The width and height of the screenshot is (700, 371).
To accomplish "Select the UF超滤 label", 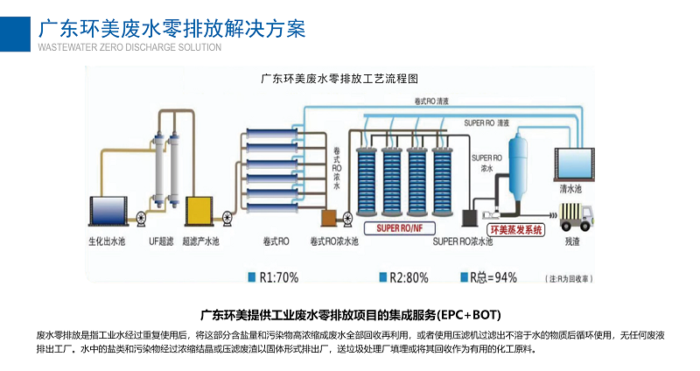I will coord(159,240).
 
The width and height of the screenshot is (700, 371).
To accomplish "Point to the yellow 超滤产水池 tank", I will coord(200,211).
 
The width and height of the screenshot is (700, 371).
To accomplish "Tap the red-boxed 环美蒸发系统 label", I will coord(517,229).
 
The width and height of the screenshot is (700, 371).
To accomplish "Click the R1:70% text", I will coord(279,277).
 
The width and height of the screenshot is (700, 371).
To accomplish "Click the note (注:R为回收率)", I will coord(569,278).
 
